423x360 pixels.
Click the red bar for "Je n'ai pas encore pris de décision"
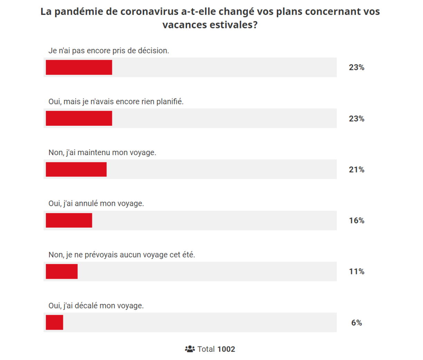click(79, 67)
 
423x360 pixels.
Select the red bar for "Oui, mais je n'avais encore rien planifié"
click(79, 119)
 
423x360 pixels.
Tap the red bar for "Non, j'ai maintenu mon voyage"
click(76, 169)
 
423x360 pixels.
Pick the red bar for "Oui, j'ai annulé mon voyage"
click(69, 220)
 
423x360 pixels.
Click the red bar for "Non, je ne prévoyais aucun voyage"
click(62, 272)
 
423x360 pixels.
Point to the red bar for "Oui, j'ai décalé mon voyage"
click(54, 322)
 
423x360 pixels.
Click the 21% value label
click(356, 170)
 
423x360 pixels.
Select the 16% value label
click(356, 220)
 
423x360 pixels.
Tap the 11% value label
click(356, 272)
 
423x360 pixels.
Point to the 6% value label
click(356, 323)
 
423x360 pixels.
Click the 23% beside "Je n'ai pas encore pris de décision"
click(356, 67)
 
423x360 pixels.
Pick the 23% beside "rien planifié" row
click(356, 119)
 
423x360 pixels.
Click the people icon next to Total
click(190, 349)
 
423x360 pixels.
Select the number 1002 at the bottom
click(226, 349)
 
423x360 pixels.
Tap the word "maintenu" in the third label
click(93, 152)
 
